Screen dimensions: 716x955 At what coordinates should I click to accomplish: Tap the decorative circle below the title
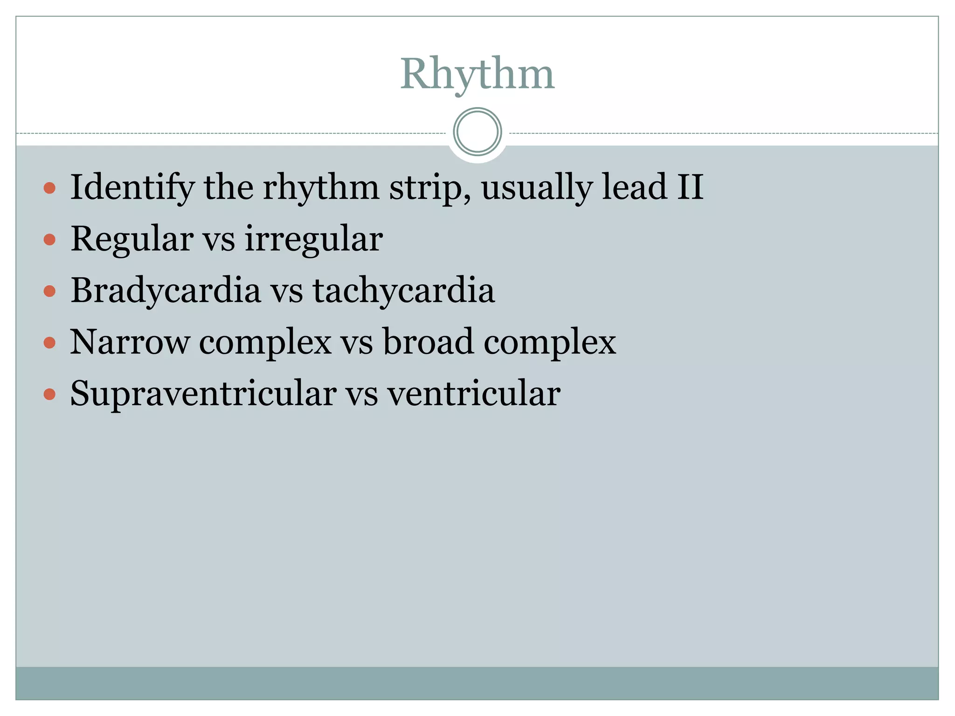pyautogui.click(x=477, y=132)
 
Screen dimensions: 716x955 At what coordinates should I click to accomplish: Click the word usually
pyautogui.click(x=536, y=187)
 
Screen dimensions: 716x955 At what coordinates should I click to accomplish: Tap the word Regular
pyautogui.click(x=132, y=239)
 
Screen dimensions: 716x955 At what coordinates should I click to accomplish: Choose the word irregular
pyautogui.click(x=313, y=239)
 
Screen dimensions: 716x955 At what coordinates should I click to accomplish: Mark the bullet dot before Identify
pyautogui.click(x=49, y=188)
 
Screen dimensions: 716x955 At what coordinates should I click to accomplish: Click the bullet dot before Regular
pyautogui.click(x=49, y=240)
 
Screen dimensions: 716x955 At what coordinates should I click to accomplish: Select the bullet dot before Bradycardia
pyautogui.click(x=49, y=292)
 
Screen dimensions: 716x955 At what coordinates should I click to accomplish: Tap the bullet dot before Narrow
pyautogui.click(x=49, y=344)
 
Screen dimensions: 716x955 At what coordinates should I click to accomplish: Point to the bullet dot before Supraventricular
pyautogui.click(x=49, y=395)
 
